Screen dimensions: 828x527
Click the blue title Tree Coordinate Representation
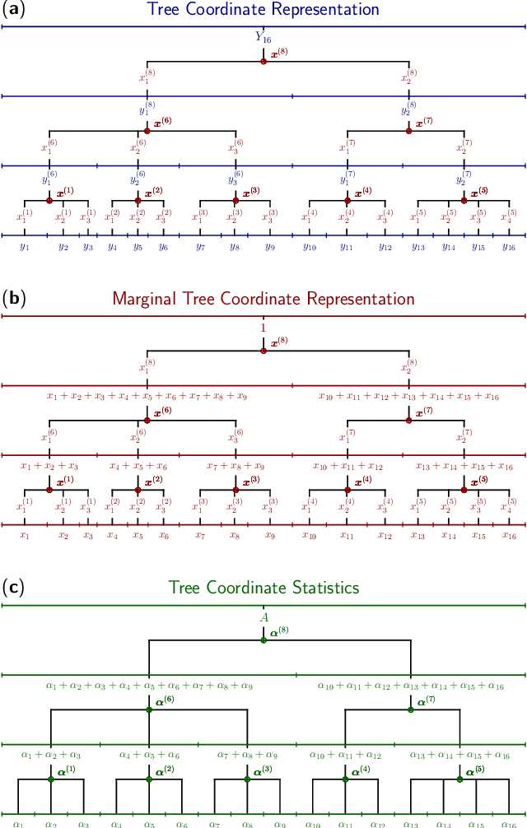[x=263, y=10]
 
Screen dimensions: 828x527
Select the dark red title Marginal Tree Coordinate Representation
[x=263, y=299]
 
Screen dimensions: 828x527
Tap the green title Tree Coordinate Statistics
[x=263, y=588]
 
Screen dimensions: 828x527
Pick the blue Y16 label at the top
[x=263, y=37]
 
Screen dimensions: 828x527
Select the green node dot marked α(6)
[x=149, y=709]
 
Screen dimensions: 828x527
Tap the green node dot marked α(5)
[x=459, y=779]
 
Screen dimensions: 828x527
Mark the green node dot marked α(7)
[x=411, y=709]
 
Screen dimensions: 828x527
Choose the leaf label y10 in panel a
[x=310, y=247]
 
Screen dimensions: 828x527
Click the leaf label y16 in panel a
[x=509, y=247]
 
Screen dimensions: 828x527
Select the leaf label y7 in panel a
[x=200, y=247]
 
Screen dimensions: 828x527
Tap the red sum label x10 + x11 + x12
[x=347, y=467]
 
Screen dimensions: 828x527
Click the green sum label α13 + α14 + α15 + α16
[x=459, y=755]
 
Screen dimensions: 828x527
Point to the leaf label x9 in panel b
[x=270, y=536]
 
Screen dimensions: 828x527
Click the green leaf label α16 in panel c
[x=509, y=823]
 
